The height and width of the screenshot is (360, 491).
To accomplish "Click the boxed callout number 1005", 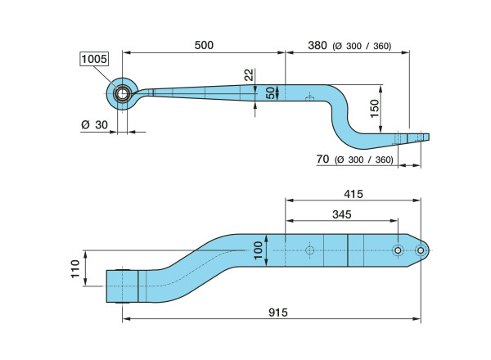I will point(93,58).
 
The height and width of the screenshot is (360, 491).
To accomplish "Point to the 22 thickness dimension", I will point(249,75).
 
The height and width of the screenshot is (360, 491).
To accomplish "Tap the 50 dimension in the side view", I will point(271,92).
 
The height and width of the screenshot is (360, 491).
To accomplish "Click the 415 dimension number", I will point(353,194).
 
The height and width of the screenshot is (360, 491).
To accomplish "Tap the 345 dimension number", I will point(341,214).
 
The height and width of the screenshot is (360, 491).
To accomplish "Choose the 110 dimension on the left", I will point(75,268).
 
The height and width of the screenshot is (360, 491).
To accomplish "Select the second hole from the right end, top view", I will point(398,250).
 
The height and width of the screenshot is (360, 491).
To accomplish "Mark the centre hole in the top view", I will point(309,250).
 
